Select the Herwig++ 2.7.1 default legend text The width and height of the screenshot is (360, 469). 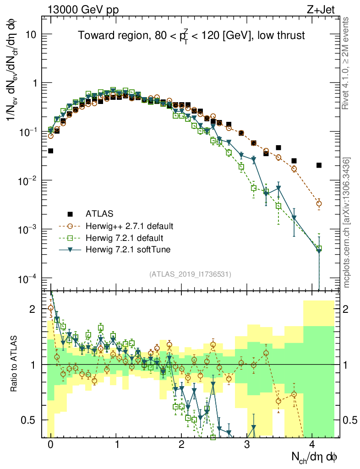(130, 226)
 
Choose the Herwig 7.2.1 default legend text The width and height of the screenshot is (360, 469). (124, 238)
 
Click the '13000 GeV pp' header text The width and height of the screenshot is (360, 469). (82, 8)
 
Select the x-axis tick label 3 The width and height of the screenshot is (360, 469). (247, 445)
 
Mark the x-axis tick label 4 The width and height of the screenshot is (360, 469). (312, 445)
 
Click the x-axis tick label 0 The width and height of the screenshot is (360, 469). (50, 445)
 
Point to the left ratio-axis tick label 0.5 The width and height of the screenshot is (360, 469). (29, 420)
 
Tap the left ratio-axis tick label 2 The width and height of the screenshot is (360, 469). (33, 310)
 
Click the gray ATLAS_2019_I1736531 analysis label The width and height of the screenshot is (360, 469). (190, 274)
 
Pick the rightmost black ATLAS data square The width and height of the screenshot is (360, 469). (319, 165)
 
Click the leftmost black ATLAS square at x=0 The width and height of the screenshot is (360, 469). (50, 151)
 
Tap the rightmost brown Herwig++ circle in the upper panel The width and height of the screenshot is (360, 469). (319, 204)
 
